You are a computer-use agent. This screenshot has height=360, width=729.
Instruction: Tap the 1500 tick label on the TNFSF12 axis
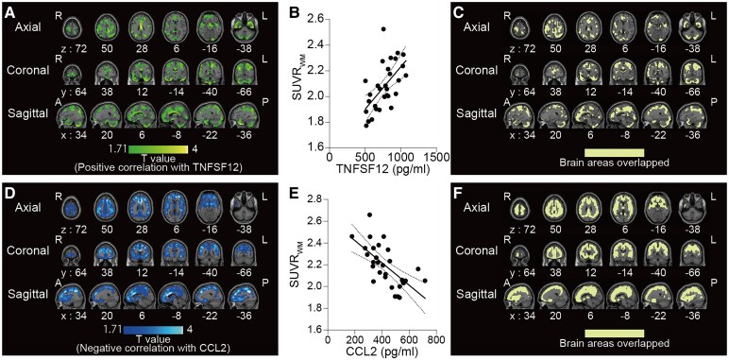435,153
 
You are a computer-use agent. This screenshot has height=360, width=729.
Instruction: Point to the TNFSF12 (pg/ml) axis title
383,164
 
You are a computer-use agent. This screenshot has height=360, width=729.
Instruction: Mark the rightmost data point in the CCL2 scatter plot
425,281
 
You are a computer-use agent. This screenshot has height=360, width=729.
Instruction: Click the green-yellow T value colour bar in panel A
157,150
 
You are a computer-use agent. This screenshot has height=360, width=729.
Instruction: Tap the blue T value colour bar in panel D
153,330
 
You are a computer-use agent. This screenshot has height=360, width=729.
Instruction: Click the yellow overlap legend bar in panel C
614,152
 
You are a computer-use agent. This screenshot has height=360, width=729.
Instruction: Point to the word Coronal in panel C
484,69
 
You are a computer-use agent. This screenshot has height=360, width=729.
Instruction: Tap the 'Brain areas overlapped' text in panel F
614,343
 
